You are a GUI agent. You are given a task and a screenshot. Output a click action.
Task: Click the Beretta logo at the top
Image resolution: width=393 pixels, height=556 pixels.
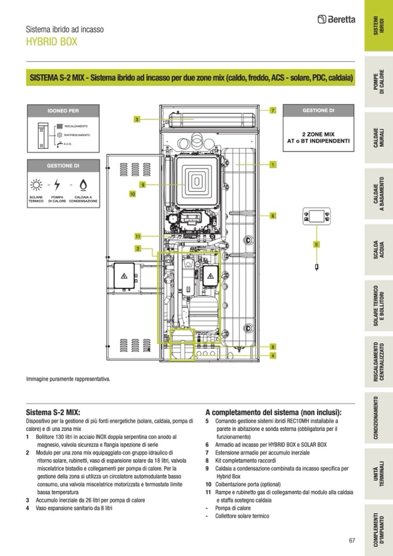336,20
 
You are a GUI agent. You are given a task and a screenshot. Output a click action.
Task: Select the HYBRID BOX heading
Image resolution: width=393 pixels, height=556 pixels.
52,42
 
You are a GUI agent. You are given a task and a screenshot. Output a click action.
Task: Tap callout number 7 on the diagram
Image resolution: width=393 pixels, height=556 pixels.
272,110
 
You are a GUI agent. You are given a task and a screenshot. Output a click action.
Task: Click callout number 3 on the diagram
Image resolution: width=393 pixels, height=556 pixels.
137,119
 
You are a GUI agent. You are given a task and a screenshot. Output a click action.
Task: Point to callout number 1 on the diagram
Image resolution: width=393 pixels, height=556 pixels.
272,165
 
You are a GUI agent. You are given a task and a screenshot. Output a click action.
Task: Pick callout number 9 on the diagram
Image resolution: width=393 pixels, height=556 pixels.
142,184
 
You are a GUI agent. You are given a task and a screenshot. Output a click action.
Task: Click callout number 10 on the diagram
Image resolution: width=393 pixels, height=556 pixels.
132,194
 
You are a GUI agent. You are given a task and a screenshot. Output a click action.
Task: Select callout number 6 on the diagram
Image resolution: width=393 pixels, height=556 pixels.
272,215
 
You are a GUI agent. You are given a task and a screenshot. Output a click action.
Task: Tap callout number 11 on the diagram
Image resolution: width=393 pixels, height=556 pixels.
137,236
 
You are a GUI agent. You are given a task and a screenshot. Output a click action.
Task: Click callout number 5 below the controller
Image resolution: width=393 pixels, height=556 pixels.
316,245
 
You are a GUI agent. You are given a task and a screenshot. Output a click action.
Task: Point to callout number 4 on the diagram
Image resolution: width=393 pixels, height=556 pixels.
272,355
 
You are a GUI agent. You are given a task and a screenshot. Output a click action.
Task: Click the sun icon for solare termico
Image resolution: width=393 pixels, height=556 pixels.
37,186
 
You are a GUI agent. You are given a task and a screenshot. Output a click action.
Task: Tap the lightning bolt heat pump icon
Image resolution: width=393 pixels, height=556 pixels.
57,186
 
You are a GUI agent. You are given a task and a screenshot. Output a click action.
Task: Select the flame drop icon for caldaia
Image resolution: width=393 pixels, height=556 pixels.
83,186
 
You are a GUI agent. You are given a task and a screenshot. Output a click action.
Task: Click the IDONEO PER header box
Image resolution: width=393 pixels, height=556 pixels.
63,110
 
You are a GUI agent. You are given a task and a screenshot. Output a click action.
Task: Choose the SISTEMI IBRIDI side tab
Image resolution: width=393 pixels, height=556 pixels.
377,27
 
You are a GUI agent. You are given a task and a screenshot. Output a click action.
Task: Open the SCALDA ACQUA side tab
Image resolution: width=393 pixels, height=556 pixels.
377,250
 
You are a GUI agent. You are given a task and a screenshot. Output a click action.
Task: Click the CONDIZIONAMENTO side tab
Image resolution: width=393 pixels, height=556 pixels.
377,417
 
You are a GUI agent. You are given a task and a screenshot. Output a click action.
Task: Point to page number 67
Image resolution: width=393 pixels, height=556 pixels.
351,541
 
